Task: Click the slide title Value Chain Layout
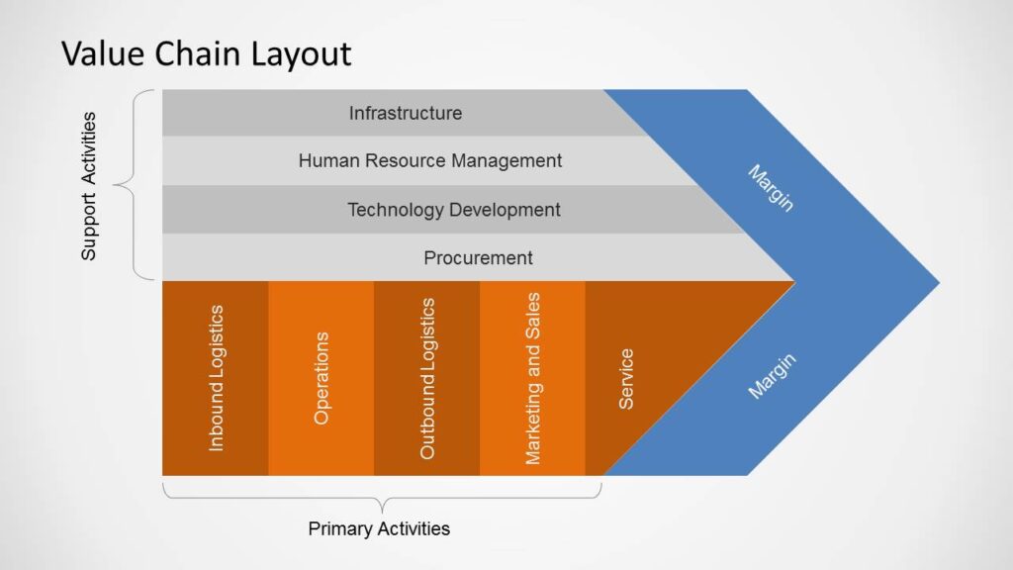point(207,52)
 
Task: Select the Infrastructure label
point(406,113)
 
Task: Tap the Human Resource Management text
point(430,160)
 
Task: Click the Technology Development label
point(454,210)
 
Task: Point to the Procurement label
point(478,258)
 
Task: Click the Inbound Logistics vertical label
point(217,378)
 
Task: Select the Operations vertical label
point(322,378)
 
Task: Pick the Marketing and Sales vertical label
point(533,378)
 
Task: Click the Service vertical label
point(626,378)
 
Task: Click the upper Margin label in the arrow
point(771,188)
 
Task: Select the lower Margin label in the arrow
point(772,376)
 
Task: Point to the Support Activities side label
point(89,186)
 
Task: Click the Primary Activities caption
point(379,528)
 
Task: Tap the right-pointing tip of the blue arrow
point(934,283)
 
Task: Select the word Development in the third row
point(505,210)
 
